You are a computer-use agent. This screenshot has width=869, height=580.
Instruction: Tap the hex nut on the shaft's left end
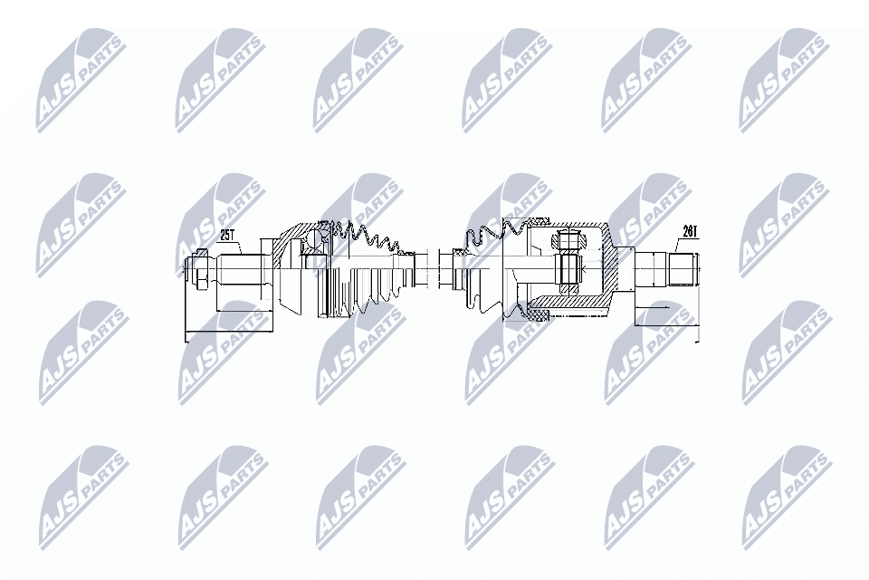click(x=200, y=269)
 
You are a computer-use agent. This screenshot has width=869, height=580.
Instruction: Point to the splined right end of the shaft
click(x=683, y=269)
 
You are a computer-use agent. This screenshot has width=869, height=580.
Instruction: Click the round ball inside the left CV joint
click(x=313, y=239)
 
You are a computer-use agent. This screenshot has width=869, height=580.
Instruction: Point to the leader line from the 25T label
click(x=217, y=248)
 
